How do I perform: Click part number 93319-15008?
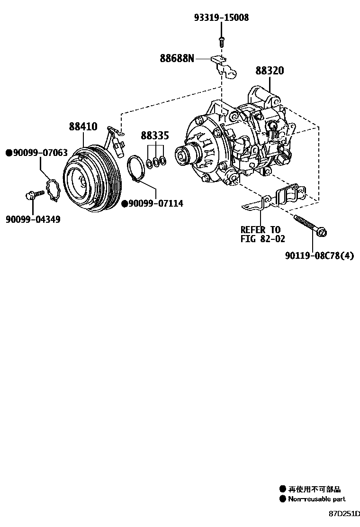[221, 18]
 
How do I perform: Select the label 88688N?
[177, 58]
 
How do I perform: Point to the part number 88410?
[83, 127]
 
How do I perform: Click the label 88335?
[154, 136]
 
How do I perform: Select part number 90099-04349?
[33, 219]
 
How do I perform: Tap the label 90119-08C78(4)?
[319, 256]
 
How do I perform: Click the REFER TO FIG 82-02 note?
[262, 235]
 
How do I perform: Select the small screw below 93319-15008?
[221, 40]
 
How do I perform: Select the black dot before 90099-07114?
[125, 203]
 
